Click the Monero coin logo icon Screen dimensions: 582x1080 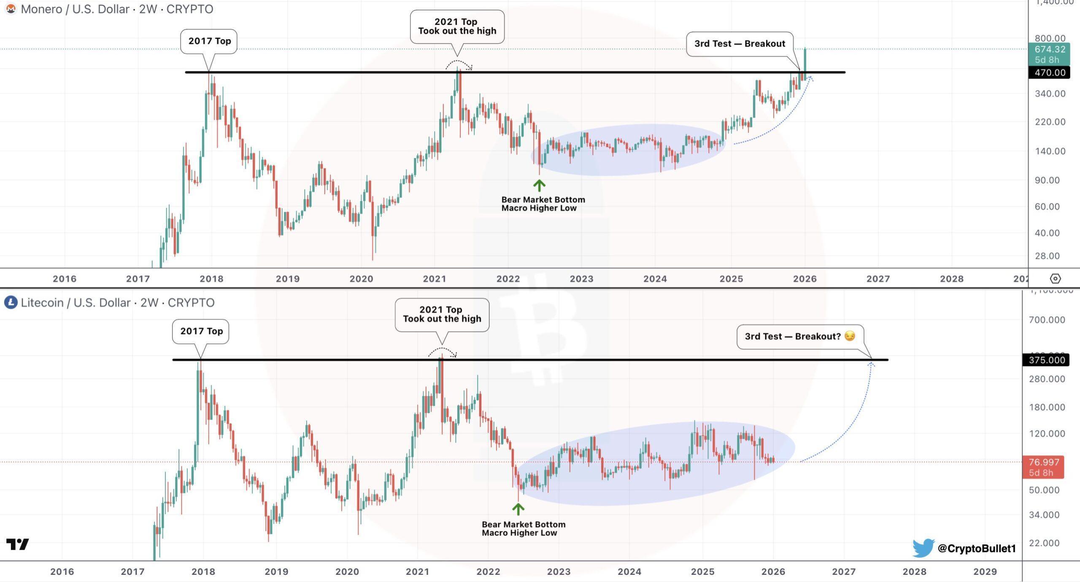pos(11,9)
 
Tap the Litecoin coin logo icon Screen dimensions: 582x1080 pos(11,302)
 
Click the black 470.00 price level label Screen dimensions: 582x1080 pos(1050,73)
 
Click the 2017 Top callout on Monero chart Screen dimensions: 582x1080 pos(209,41)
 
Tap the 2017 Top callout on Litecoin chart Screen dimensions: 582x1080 pos(201,331)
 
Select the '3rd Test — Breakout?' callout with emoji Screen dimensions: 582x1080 pos(800,337)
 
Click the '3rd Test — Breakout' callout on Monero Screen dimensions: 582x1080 pos(740,44)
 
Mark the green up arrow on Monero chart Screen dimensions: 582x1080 pos(539,185)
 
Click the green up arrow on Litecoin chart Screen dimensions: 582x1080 pos(518,509)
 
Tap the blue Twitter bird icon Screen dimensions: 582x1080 pos(923,548)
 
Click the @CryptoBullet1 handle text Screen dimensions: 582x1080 pos(976,548)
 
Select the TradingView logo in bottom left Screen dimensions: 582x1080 pos(18,544)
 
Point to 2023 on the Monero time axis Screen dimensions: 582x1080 pos(581,279)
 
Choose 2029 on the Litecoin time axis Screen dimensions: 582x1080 pos(985,571)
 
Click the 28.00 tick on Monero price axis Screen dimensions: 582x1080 pos(1047,256)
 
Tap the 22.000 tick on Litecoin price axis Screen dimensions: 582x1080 pos(1044,543)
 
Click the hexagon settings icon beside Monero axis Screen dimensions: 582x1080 pos(1055,279)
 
